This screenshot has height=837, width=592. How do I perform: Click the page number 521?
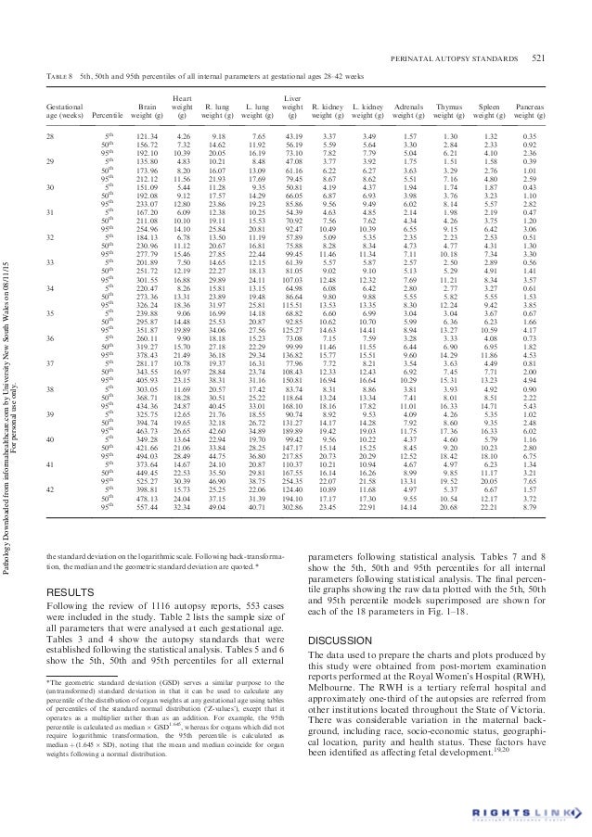tap(537, 60)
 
